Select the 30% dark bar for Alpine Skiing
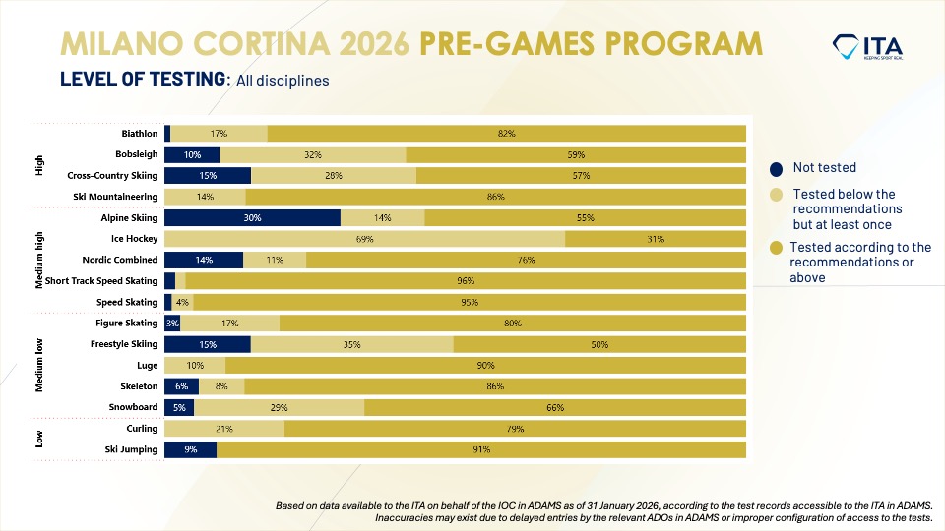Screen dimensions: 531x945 tap(252, 217)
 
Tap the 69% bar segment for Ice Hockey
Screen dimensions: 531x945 tap(364, 239)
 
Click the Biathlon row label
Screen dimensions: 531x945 tap(139, 133)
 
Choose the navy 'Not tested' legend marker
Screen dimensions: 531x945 tap(777, 168)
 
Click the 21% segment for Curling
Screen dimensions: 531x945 tap(224, 429)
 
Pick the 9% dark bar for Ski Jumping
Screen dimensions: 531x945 tap(190, 449)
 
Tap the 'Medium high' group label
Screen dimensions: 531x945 tap(40, 260)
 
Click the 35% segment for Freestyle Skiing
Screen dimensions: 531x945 tap(351, 344)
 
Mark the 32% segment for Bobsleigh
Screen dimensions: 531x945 tap(313, 154)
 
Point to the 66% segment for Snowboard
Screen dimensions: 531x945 tap(555, 407)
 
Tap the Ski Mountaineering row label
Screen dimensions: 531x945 tap(121, 197)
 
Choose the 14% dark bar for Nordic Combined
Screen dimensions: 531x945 tap(204, 260)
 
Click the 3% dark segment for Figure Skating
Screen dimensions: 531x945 tap(172, 323)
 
